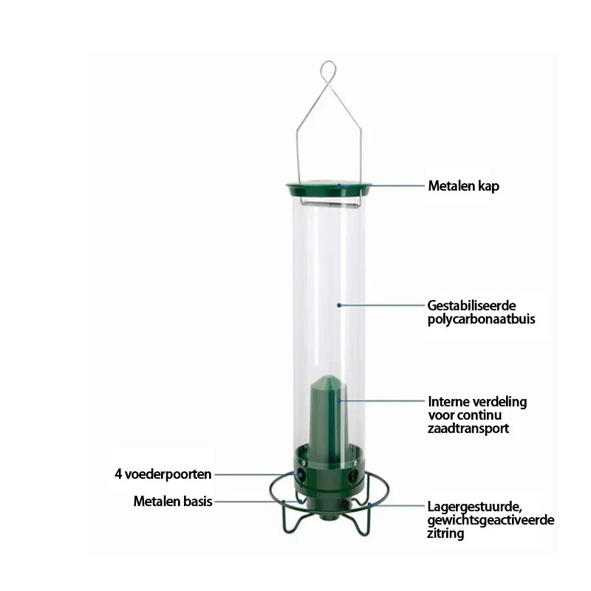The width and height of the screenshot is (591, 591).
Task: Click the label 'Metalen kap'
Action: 464,186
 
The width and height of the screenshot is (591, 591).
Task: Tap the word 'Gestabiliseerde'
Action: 471,305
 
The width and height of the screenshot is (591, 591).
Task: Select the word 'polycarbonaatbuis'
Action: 482,319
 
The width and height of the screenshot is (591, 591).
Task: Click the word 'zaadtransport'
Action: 468,428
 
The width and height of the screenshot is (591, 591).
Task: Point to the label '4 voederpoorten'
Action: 163,474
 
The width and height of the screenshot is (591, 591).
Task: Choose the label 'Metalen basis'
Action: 173,502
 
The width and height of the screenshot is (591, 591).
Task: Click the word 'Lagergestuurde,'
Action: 474,507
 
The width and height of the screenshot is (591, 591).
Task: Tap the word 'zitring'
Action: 445,533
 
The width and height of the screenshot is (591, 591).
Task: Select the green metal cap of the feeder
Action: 329,190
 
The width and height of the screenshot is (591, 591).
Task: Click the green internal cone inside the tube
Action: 327,418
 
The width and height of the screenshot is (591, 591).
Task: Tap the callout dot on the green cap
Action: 339,186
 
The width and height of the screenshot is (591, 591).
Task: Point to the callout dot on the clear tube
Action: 339,305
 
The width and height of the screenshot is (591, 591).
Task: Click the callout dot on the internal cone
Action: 339,401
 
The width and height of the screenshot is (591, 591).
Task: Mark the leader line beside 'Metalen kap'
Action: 381,186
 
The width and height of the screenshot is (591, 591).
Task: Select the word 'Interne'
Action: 448,402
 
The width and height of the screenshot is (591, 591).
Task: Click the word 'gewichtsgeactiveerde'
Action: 491,521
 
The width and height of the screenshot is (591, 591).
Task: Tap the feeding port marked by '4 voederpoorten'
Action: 301,474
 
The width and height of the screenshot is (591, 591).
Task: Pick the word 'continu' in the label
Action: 484,415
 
